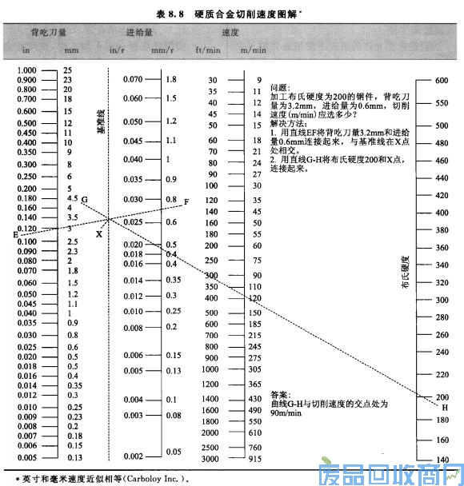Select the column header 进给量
coord(140,34)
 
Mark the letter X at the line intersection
coord(99,234)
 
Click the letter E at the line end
coord(15,234)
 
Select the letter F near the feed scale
coord(186,201)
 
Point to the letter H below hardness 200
coord(445,407)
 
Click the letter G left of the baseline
coord(84,198)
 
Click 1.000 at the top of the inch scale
coord(26,70)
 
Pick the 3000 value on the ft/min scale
coord(210,458)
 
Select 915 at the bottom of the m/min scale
coord(255,458)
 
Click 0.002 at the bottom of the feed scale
coord(133,456)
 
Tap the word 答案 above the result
coord(280,394)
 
